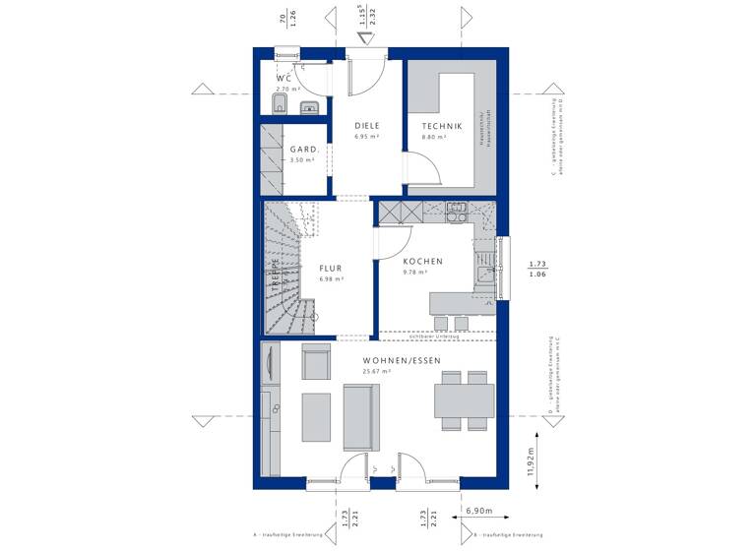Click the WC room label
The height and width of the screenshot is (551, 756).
pos(284,78)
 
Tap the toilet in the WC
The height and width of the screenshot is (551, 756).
pos(279,104)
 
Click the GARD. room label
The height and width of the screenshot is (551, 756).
pos(303,149)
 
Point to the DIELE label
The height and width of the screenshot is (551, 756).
pos(367,126)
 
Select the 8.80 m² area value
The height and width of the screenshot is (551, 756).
pos(435,139)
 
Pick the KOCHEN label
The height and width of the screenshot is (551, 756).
pos(422,262)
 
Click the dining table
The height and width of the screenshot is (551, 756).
pos(465,400)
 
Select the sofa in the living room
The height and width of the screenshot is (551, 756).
pos(361,416)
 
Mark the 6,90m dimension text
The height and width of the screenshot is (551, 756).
pos(479,514)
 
